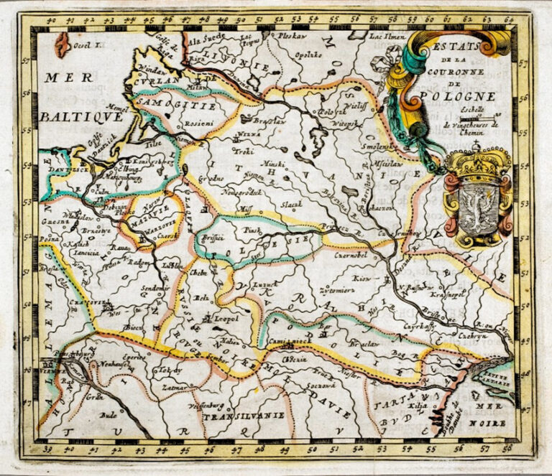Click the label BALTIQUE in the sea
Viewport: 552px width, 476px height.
pyautogui.click(x=70, y=115)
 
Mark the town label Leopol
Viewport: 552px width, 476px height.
pyautogui.click(x=219, y=316)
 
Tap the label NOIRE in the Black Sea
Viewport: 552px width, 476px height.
pyautogui.click(x=482, y=424)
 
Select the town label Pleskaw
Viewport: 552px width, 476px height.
pyautogui.click(x=293, y=35)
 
